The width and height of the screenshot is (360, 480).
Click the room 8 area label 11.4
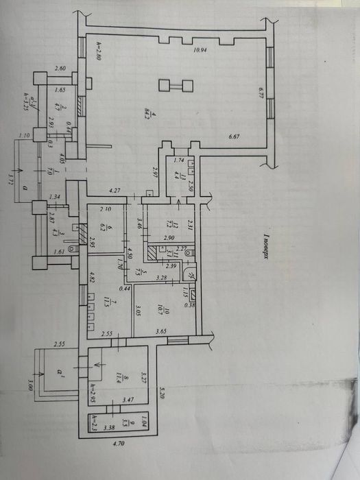[x=119, y=374]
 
